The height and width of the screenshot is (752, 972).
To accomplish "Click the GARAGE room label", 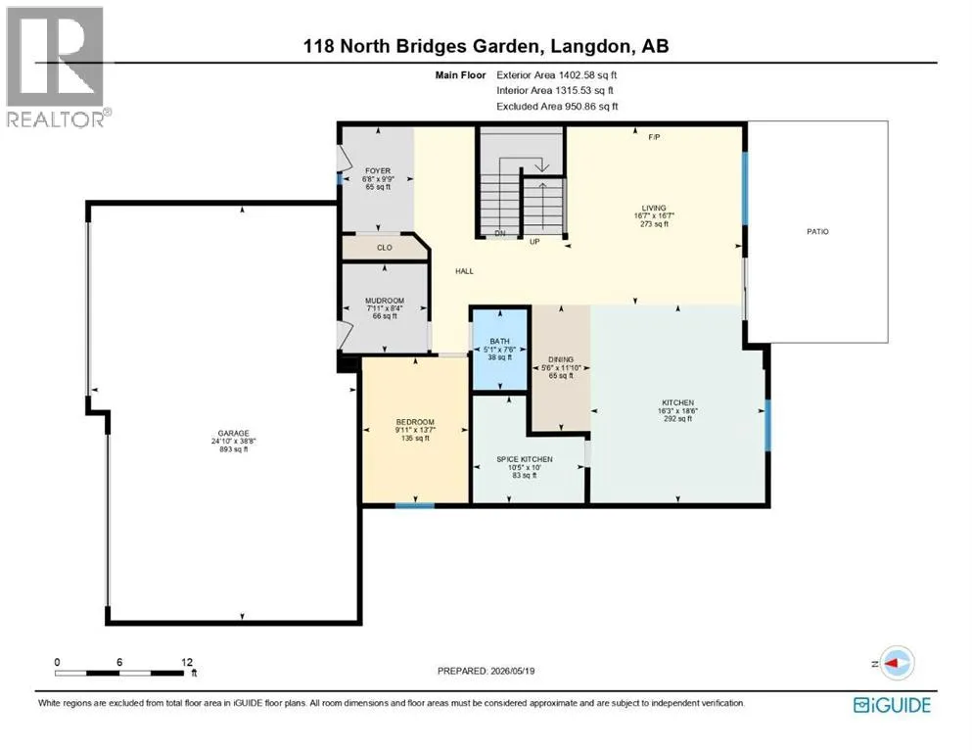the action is pyautogui.click(x=233, y=434).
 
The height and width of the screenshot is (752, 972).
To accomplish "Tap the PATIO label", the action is pyautogui.click(x=817, y=232).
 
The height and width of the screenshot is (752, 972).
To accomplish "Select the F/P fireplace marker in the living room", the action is pyautogui.click(x=654, y=137).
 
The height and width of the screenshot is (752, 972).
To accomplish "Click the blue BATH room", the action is pyautogui.click(x=499, y=350).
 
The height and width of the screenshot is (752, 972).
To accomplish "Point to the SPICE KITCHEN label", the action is pyautogui.click(x=525, y=459).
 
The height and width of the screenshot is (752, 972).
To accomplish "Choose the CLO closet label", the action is pyautogui.click(x=385, y=248).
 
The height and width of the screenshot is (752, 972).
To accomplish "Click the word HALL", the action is pyautogui.click(x=464, y=271).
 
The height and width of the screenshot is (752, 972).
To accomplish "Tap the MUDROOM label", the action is pyautogui.click(x=385, y=301).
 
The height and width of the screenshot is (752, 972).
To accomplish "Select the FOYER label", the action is pyautogui.click(x=378, y=171).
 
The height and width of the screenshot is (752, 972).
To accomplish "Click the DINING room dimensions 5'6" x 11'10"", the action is pyautogui.click(x=561, y=367).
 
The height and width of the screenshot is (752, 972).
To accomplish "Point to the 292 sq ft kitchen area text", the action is pyautogui.click(x=677, y=419).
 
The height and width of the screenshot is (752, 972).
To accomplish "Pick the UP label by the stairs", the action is pyautogui.click(x=534, y=242).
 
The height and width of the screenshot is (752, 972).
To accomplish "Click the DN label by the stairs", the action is pyautogui.click(x=500, y=234).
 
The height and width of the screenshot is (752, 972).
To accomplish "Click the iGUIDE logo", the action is pyautogui.click(x=892, y=705).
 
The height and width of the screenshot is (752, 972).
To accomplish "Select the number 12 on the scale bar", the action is pyautogui.click(x=187, y=662).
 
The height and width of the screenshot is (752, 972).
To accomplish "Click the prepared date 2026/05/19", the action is pyautogui.click(x=512, y=671).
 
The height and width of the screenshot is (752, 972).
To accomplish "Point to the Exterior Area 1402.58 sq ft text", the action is pyautogui.click(x=557, y=75).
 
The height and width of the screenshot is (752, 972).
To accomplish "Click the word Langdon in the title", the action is pyautogui.click(x=589, y=46).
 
